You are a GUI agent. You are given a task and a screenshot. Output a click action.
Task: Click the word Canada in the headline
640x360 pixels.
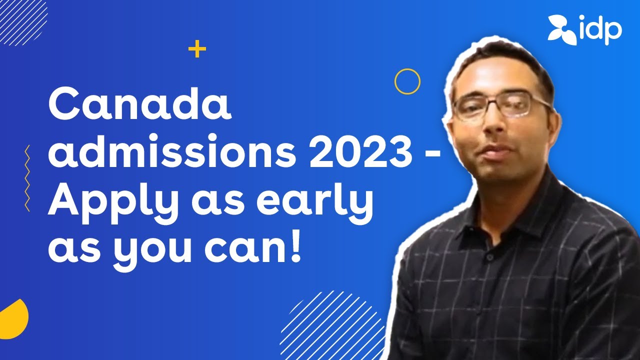pos(140,106)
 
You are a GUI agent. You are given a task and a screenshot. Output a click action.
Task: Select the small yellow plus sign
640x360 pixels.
pos(197,49)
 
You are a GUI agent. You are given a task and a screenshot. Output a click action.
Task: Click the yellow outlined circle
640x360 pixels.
pos(407,81)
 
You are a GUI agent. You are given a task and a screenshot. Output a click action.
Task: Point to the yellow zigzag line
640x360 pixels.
pos(27,178)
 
